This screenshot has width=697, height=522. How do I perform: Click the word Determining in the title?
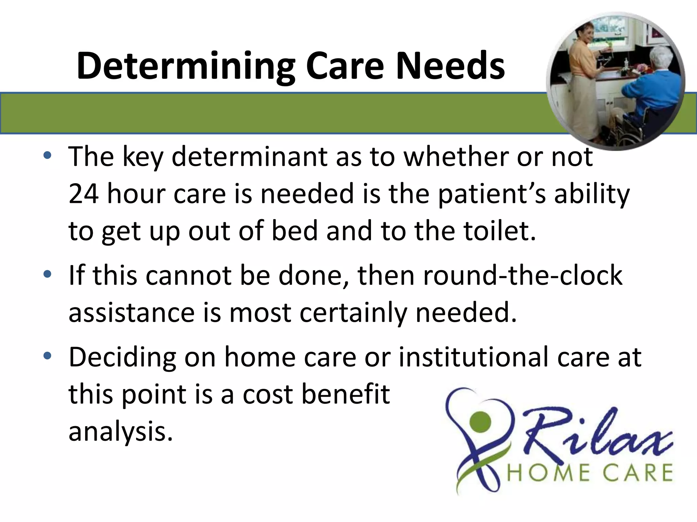coord(185,66)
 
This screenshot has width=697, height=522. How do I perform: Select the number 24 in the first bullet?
coord(84,194)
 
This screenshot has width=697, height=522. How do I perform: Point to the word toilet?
coord(499,231)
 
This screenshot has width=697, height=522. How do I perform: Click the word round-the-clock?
coord(523,275)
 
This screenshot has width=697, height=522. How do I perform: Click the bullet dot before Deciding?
coord(47,356)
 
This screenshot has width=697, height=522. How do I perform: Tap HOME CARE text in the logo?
coord(589,473)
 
